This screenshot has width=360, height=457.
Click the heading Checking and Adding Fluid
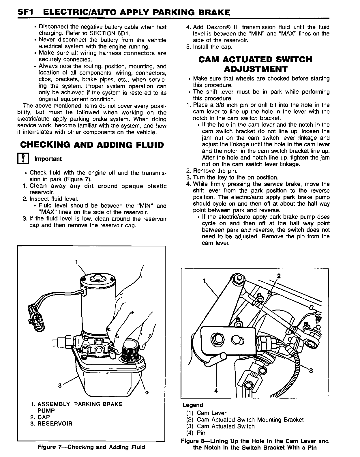[x=92, y=145]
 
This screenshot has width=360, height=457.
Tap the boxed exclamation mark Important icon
[x=22, y=159]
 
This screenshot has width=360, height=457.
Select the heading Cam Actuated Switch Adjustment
[x=255, y=64]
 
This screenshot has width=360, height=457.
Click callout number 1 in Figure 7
[x=76, y=262]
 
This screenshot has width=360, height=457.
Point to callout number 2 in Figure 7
[x=147, y=393]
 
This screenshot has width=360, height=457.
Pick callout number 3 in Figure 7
[x=60, y=385]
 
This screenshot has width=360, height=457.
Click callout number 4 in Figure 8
[x=216, y=390]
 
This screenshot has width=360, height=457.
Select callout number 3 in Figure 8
[x=311, y=371]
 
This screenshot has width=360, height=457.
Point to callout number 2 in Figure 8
[x=279, y=276]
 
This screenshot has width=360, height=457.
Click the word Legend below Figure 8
[x=193, y=405]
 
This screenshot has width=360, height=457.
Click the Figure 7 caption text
[x=91, y=447]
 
